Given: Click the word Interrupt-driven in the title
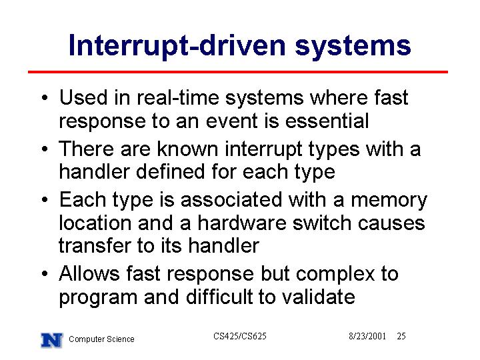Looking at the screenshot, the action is tap(177, 45).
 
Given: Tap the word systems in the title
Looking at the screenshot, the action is tap(353, 47).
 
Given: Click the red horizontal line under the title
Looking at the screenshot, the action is tap(238, 72).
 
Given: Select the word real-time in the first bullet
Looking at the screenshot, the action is tap(178, 97).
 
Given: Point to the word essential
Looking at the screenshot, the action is tap(327, 121).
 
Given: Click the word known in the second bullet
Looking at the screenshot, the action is tap(187, 149).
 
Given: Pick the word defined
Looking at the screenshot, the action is tap(171, 171).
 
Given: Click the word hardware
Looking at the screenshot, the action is tap(242, 223).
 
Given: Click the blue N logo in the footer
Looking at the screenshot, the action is tap(52, 340).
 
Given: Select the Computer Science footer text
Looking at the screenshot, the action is tap(101, 339).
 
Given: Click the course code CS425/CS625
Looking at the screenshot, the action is tap(240, 336).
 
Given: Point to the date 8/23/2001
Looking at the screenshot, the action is tap(367, 336).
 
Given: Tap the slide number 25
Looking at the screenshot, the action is tap(401, 336).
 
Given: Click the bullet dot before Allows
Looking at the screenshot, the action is tap(45, 273).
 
